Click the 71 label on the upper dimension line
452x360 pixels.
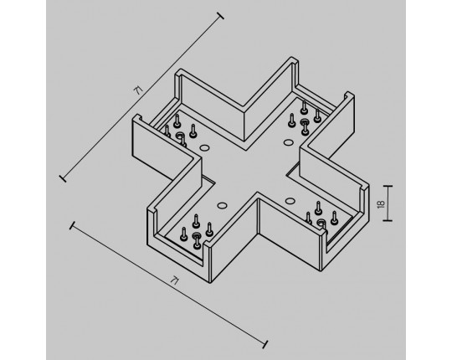(138, 90)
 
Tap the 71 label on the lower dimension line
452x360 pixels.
(174, 280)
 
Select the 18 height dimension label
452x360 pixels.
(381, 203)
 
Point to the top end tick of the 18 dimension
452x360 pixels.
(388, 186)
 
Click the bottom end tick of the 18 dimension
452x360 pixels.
(388, 221)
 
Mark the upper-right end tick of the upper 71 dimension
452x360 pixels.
(220, 16)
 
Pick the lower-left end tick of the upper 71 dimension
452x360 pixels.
(63, 178)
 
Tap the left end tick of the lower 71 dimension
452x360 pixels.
(72, 226)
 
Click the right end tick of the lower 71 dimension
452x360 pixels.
(265, 344)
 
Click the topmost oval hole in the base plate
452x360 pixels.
(288, 142)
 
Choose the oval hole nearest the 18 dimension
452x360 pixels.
(290, 201)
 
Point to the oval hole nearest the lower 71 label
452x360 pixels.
(222, 206)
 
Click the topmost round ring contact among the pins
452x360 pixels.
(304, 122)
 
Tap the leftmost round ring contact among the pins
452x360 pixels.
(180, 135)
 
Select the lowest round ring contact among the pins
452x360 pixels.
(197, 235)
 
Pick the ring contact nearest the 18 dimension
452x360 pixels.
(321, 222)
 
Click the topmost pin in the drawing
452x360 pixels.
(304, 106)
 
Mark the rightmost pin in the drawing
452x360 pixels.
(334, 218)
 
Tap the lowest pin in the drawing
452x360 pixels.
(197, 242)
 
